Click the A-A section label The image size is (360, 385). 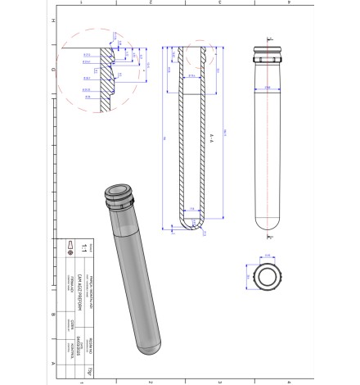212,131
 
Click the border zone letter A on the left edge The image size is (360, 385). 53,362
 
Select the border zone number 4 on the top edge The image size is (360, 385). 290,3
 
